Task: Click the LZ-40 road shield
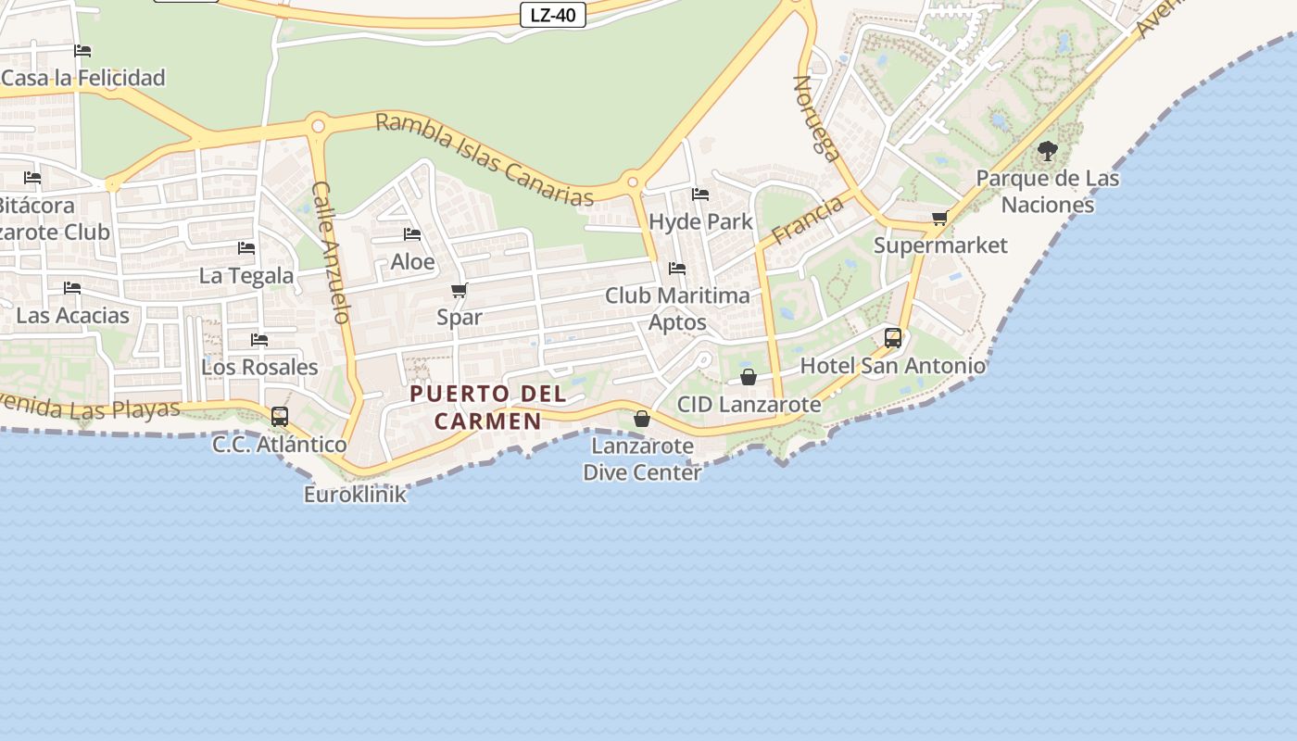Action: [552, 15]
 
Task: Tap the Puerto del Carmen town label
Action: [488, 408]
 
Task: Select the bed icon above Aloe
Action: [412, 234]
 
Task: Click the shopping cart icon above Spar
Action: [460, 290]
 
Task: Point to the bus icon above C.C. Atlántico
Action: [280, 417]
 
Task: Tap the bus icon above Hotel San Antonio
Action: [893, 338]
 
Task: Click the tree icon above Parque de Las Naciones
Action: [1048, 151]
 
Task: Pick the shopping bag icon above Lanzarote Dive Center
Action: [641, 420]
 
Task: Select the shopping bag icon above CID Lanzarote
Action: [749, 377]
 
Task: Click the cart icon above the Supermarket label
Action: [939, 219]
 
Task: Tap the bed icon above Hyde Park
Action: [700, 195]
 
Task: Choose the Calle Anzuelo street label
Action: [331, 251]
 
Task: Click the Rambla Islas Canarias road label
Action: [485, 158]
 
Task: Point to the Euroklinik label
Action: [355, 495]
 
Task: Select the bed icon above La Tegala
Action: [246, 248]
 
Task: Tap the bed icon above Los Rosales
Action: [259, 340]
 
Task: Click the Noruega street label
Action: [816, 118]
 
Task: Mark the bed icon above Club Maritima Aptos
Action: [677, 269]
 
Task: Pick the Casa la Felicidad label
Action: [83, 78]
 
